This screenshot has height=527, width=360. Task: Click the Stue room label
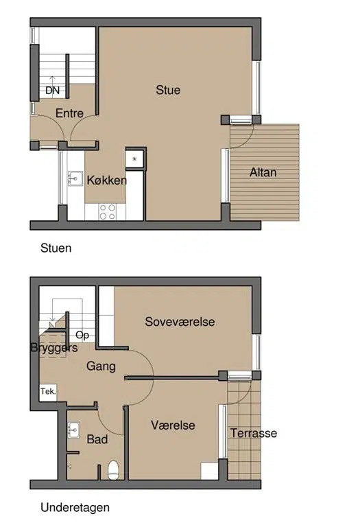click(168, 90)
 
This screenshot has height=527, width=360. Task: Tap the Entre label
click(69, 113)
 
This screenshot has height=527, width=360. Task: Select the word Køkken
click(107, 180)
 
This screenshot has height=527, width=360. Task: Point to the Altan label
click(263, 172)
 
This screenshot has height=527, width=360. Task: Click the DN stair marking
click(52, 91)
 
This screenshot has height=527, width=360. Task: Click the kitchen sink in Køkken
click(75, 178)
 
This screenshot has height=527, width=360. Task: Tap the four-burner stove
click(108, 212)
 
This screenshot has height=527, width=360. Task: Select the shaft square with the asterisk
click(134, 159)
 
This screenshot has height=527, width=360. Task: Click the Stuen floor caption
click(56, 248)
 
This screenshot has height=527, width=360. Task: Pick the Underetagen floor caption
click(75, 508)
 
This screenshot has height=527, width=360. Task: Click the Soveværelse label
click(180, 322)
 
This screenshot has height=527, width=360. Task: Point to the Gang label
click(101, 366)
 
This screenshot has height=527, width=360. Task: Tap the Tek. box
click(48, 393)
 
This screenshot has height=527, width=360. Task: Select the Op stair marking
click(82, 336)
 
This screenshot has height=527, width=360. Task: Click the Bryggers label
click(54, 348)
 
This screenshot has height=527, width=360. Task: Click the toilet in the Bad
click(114, 470)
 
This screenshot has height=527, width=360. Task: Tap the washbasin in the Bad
click(74, 430)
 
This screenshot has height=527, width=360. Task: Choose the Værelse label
click(173, 425)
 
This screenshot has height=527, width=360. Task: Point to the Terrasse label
click(254, 433)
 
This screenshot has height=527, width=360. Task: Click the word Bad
click(97, 439)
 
